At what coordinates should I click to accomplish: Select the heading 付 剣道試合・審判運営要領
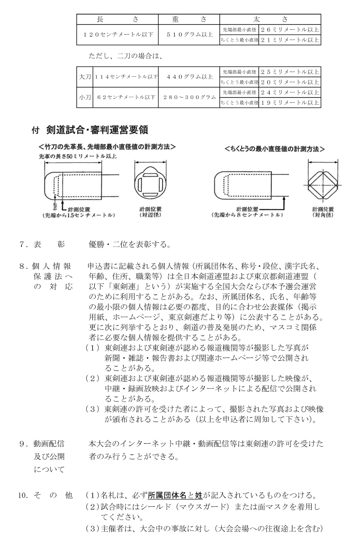85,129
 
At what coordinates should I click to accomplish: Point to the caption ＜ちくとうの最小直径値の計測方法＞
275,148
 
